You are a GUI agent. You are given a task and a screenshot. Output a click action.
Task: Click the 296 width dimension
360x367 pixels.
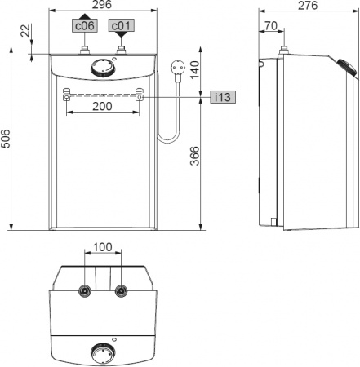point(102,5)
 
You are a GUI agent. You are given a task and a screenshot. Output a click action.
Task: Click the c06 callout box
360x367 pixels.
point(85,25)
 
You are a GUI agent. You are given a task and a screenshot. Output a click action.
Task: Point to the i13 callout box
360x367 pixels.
point(221,97)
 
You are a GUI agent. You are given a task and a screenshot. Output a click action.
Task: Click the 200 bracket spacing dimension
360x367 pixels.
point(102,107)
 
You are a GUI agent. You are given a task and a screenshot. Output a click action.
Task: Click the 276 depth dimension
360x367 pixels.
point(309,5)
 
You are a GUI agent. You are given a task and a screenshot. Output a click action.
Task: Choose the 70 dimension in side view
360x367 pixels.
point(270,25)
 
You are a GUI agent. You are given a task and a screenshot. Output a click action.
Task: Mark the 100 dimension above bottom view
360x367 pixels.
point(102,246)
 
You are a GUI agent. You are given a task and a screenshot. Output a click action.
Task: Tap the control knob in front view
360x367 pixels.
point(102,68)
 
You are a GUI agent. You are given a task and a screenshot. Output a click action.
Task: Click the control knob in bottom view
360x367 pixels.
point(102,353)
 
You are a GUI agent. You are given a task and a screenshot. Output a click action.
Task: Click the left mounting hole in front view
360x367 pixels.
point(65,98)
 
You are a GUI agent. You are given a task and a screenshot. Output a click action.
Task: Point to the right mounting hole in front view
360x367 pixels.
point(140,98)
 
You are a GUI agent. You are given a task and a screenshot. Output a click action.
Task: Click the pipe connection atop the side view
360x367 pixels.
point(282,51)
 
